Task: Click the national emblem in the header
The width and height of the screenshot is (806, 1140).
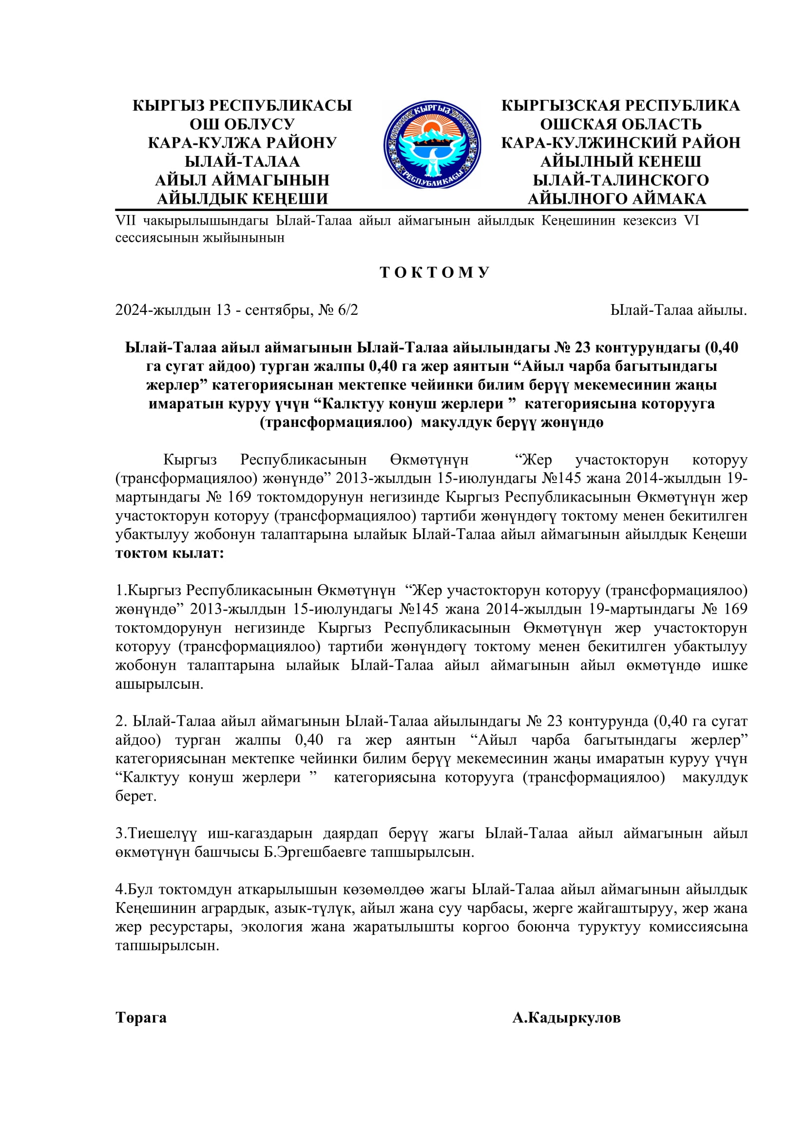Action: (432, 144)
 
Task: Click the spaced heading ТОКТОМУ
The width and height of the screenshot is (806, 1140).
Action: (435, 272)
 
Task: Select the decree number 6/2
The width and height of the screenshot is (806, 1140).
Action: (347, 310)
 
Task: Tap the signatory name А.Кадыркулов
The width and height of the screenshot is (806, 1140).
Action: (566, 1018)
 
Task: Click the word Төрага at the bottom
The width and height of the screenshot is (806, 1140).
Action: (141, 1018)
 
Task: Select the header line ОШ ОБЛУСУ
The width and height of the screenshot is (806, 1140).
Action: (242, 124)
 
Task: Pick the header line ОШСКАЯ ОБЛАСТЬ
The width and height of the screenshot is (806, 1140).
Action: (621, 124)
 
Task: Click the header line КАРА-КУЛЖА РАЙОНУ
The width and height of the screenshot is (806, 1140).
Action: (242, 143)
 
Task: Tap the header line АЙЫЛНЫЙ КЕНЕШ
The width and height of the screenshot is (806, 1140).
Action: (621, 161)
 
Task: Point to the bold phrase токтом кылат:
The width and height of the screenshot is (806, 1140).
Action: (170, 553)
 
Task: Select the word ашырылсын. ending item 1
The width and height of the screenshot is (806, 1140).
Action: (159, 684)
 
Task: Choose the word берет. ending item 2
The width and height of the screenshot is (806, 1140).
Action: (136, 796)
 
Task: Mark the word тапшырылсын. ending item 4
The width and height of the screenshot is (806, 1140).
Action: (167, 946)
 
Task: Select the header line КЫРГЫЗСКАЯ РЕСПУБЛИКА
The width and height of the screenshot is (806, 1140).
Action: (621, 106)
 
